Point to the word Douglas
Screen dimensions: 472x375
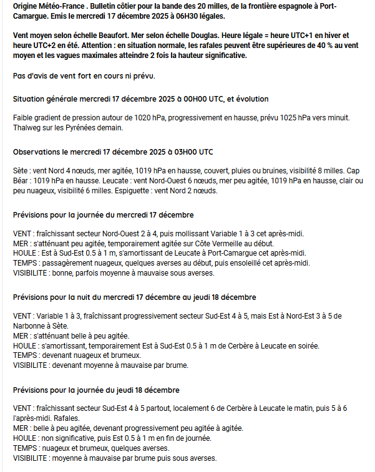tap(213, 37)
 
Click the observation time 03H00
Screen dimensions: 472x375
tap(179, 152)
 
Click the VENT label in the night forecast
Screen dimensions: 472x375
tap(22, 316)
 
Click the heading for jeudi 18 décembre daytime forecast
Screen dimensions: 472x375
tap(95, 390)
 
